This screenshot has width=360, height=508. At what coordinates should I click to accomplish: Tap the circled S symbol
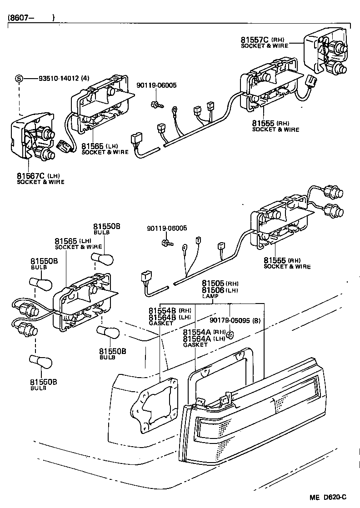[19, 78]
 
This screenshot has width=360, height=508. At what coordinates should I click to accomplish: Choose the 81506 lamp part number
[213, 290]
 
